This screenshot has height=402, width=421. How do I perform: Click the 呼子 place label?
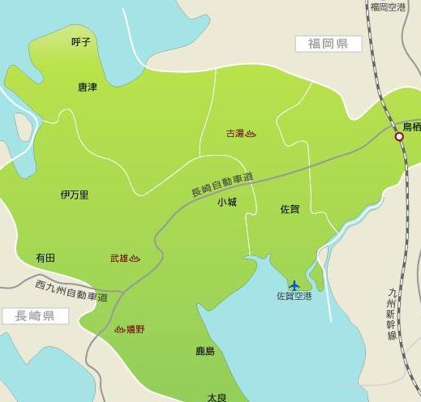[x=80, y=42]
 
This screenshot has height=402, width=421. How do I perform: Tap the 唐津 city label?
[x=87, y=87]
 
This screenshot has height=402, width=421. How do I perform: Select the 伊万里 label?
[x=75, y=195]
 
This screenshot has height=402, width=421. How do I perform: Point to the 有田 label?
[x=45, y=257]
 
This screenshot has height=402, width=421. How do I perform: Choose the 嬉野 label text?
[x=135, y=329]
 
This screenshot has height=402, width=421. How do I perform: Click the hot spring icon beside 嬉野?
[x=120, y=329]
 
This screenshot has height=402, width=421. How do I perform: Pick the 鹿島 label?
[x=205, y=351]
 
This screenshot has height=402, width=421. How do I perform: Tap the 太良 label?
[x=216, y=397]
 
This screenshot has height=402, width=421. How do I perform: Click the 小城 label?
[x=226, y=203]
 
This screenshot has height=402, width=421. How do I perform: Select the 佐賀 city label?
[x=290, y=209]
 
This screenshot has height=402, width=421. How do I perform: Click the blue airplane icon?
[x=294, y=284]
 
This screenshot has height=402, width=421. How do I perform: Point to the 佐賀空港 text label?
[x=294, y=297]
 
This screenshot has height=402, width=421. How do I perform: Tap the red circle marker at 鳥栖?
[x=399, y=138]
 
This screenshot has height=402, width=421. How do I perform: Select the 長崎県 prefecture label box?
[x=34, y=316]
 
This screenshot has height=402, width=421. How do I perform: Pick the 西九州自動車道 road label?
[x=71, y=290]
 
